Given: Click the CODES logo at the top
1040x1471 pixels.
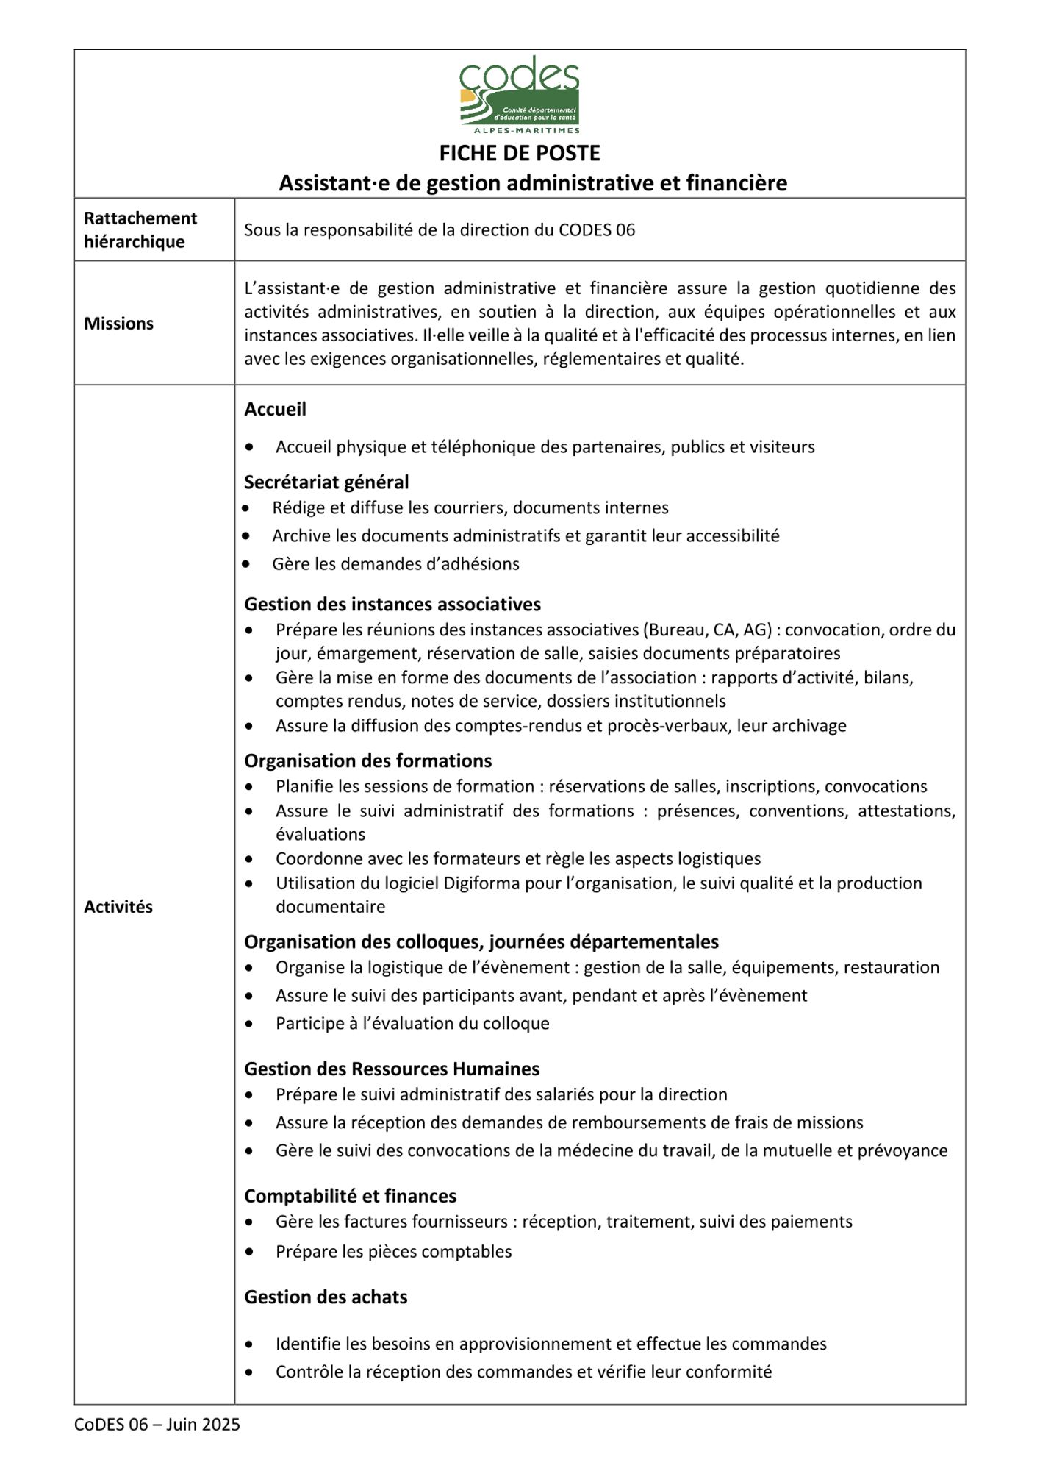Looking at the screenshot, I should point(520,92).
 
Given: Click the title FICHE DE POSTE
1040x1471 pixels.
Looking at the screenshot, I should point(520,153).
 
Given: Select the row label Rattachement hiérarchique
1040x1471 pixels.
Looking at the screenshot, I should point(140,229).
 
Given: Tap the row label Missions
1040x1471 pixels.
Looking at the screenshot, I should point(118,324).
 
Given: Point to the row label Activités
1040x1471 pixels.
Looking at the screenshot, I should point(118,907).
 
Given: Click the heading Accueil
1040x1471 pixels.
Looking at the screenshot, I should point(275,409).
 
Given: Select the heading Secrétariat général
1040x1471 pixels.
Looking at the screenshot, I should point(326,482).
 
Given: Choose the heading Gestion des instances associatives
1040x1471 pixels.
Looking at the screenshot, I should point(392,605).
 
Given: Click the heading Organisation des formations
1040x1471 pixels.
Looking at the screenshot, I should point(367,761).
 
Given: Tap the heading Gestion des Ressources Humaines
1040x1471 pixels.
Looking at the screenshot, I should point(392,1069).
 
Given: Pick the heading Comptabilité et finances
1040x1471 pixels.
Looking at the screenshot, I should point(350,1196).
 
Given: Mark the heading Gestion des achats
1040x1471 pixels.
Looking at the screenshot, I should point(326,1297).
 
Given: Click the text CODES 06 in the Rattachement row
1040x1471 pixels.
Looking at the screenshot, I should point(597,230).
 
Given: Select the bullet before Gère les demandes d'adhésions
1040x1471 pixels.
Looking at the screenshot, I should point(246,564).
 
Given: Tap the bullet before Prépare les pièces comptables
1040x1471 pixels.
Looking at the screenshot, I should point(251,1251).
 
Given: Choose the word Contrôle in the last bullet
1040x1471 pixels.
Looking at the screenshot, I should point(306,1372).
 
